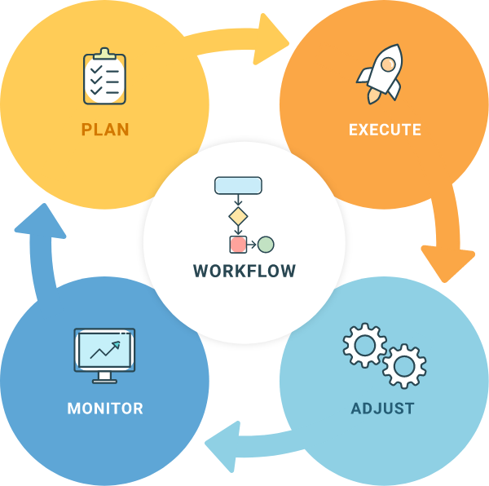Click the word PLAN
point(105,130)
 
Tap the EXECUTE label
point(385,130)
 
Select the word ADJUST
point(382,409)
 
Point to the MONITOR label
point(105,409)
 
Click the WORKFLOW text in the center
point(244,271)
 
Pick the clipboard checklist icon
point(104,78)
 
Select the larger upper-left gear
point(363,346)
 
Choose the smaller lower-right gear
point(404,366)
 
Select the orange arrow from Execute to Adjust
point(448,236)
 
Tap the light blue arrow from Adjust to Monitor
point(244,445)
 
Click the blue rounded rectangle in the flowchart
point(238,185)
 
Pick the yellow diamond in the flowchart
point(237,216)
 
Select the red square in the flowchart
point(238,244)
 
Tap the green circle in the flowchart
point(266,244)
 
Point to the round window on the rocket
point(389,62)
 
